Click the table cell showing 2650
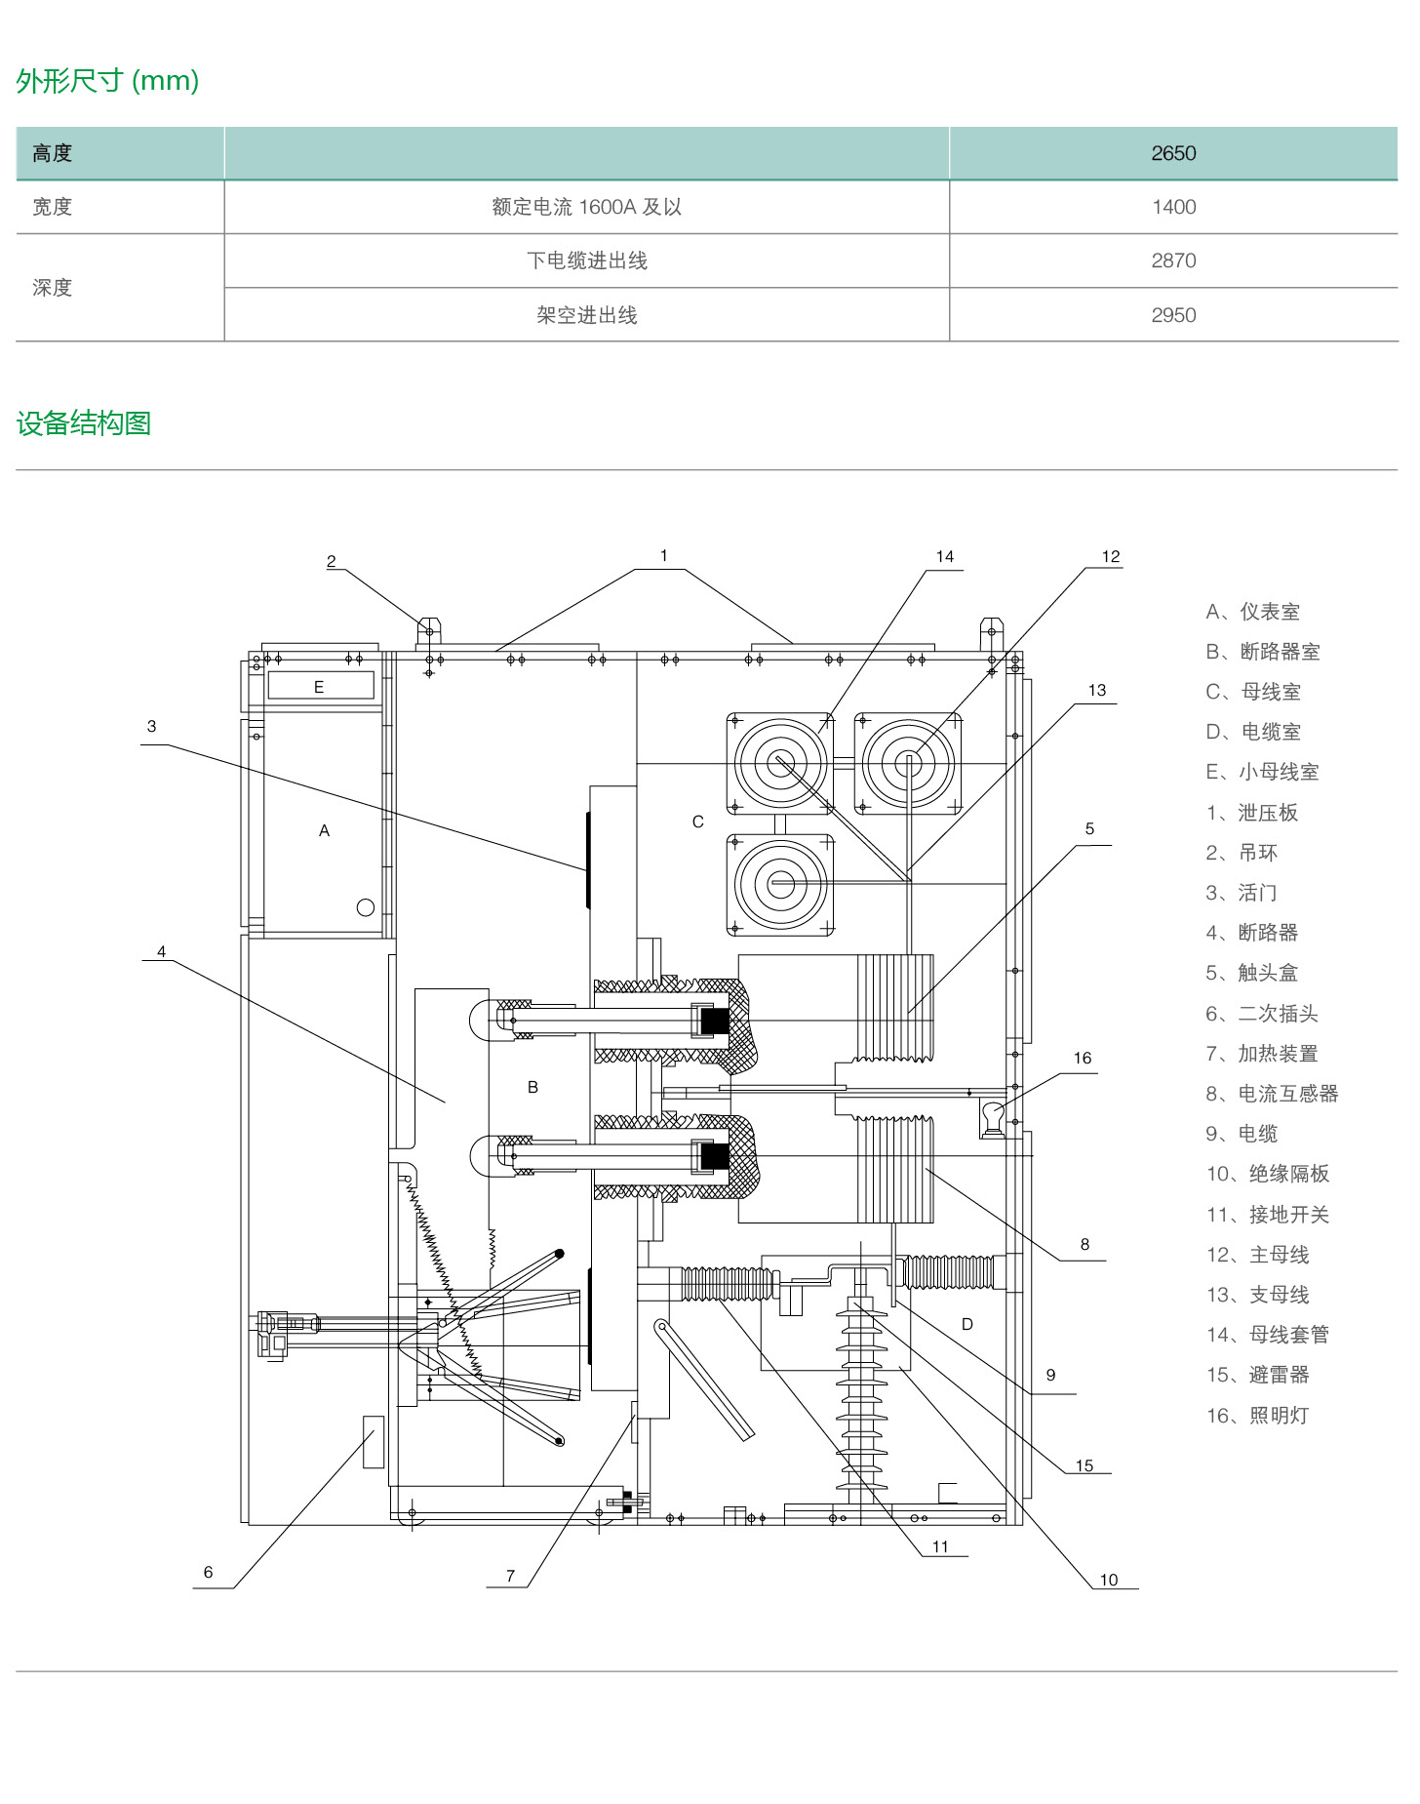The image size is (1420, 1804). coord(1172,153)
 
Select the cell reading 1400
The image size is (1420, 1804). coord(1172,207)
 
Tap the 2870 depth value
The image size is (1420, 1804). coord(1172,261)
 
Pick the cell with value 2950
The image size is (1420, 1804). coord(1172,315)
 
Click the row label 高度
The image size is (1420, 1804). coord(53,153)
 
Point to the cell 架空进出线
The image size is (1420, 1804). coord(586,315)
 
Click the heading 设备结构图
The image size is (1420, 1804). coord(84,423)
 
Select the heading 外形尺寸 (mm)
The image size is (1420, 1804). coord(107,81)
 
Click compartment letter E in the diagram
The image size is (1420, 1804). coord(319,687)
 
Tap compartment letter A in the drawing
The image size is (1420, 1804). coord(324,830)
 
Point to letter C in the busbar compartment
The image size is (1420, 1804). coord(697,822)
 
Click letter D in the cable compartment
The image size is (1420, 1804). coord(966,1324)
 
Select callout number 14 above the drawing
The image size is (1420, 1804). coord(944,556)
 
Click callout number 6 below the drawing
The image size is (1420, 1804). coord(208,1572)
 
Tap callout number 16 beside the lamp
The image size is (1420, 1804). coord(1082,1058)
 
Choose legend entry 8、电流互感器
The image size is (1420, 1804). coord(1272,1094)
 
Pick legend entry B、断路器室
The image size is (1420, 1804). coord(1262,652)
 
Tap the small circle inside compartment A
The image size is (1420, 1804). coord(366,907)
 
